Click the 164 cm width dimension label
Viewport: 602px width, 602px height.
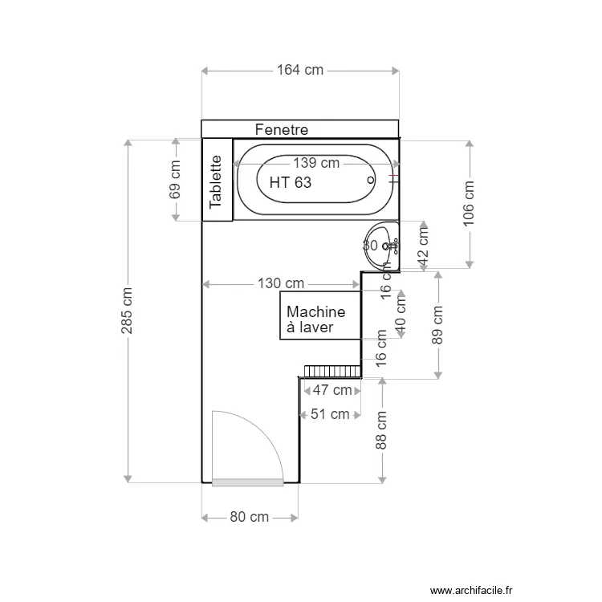pos(300,70)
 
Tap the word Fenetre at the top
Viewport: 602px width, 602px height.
pos(282,129)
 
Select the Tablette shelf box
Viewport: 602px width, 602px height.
pos(216,181)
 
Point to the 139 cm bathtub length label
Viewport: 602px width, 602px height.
pos(315,163)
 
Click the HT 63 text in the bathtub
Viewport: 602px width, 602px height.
pos(291,183)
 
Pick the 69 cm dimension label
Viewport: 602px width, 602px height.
pos(176,180)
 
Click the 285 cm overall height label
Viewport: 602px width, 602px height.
pos(128,310)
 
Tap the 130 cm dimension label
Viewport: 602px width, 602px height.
pos(281,283)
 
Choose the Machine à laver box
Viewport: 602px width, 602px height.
pos(319,316)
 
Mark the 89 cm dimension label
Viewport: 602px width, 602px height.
pos(438,324)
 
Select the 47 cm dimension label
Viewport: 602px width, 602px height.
pos(332,390)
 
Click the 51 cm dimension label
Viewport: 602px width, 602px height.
pos(329,414)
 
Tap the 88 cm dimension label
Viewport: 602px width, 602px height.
pos(382,430)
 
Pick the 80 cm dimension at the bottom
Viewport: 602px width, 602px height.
pos(249,517)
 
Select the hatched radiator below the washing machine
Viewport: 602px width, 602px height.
pos(331,371)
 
